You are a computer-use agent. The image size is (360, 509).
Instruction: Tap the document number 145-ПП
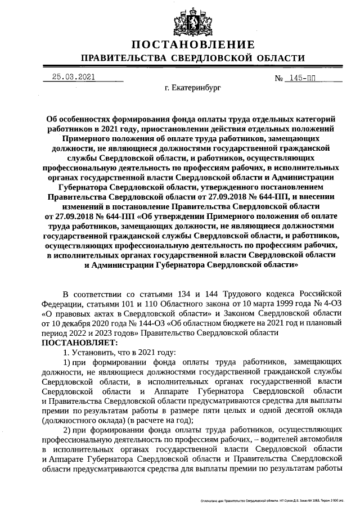pyautogui.click(x=301, y=78)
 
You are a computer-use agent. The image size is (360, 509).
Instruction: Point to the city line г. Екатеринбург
pyautogui.click(x=193, y=88)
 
